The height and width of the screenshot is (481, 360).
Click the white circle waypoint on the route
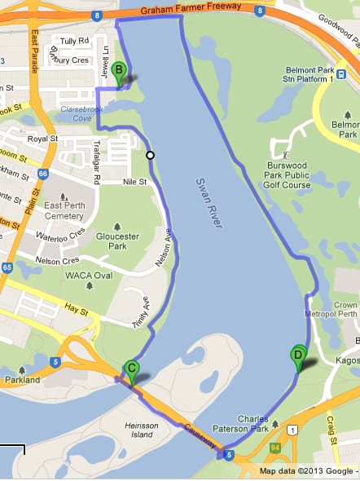(x=150, y=154)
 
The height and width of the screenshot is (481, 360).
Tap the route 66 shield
(x=42, y=173)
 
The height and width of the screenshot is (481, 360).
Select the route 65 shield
(x=7, y=267)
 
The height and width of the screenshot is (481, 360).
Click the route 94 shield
(x=275, y=447)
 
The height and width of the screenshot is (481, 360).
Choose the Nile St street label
(x=134, y=182)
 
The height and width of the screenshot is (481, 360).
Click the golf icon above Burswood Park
(x=285, y=153)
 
